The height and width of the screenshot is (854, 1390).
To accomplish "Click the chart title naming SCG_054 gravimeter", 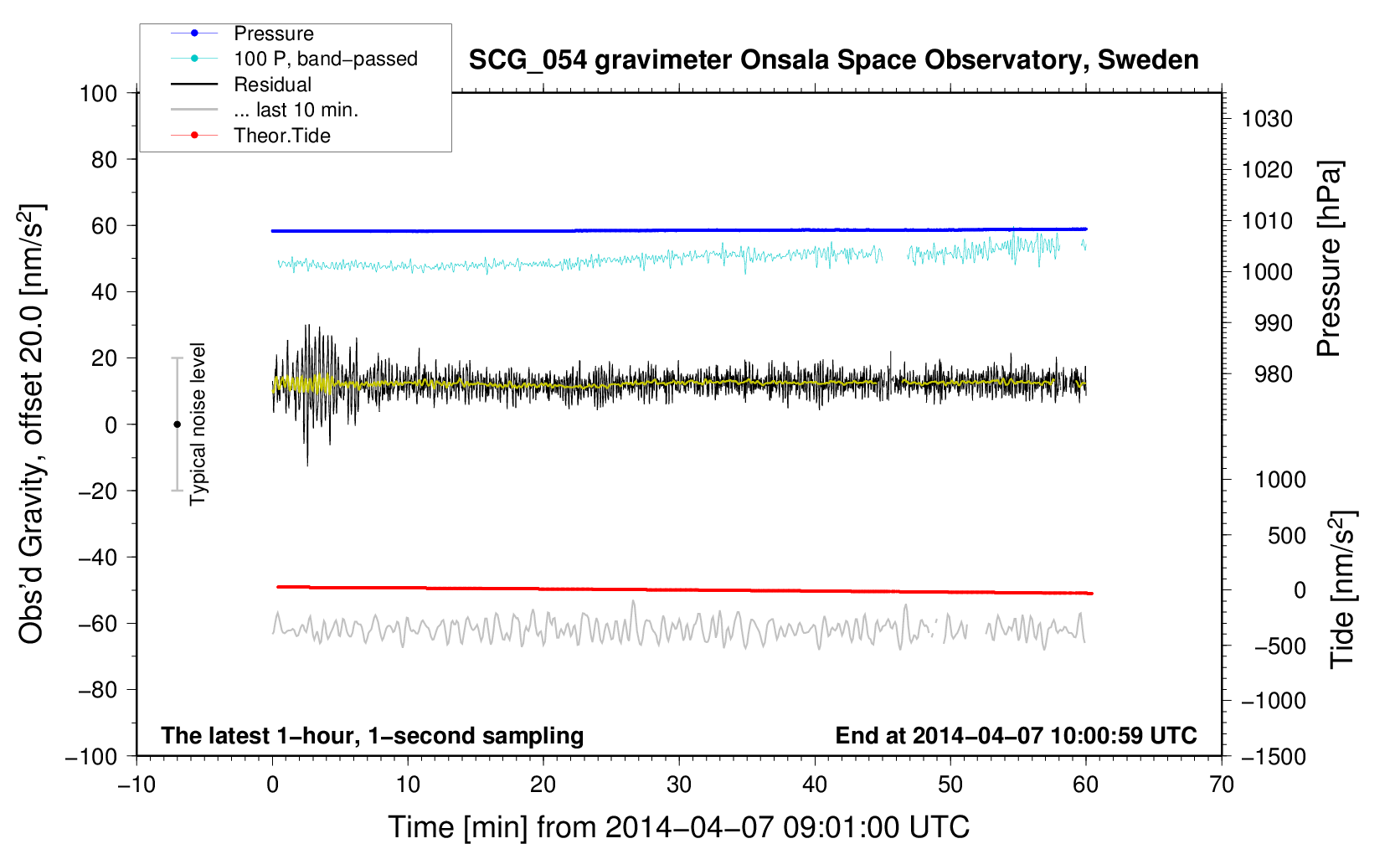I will point(833,60).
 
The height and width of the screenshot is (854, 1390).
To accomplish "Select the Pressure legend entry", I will point(273,33).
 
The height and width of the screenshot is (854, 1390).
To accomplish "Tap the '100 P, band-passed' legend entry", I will point(325,59).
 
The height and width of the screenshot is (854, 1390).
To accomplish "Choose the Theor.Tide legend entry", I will point(281,136).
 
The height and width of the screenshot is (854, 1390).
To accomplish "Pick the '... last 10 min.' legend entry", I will point(296,111).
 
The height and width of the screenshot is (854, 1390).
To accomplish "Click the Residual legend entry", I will point(272,85).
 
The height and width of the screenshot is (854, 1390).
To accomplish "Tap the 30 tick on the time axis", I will point(679,785).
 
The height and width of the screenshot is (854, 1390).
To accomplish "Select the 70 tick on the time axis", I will point(1222,785).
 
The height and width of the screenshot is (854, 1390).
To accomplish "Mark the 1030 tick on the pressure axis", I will point(1266,120).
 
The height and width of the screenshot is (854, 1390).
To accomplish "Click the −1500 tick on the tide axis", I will point(1273,756).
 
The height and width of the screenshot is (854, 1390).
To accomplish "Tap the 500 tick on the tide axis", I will point(1286,536).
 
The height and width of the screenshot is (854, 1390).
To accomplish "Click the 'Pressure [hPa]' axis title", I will point(1329,259).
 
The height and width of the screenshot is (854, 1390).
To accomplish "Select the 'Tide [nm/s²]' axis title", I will point(1342,589).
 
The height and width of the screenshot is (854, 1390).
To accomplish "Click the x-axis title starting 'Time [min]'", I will point(678,827).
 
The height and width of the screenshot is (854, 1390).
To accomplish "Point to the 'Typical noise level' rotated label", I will point(198,424).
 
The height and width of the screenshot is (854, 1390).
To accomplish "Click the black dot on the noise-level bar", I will point(177,424).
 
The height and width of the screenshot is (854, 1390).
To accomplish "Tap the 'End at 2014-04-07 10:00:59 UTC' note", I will point(1016,736).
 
